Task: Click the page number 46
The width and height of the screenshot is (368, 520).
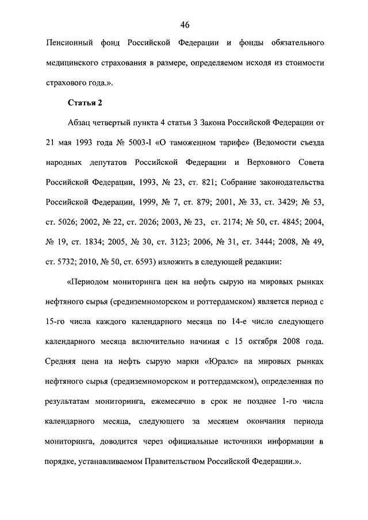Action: pyautogui.click(x=185, y=24)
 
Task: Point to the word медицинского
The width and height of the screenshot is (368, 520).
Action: pyautogui.click(x=75, y=63)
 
